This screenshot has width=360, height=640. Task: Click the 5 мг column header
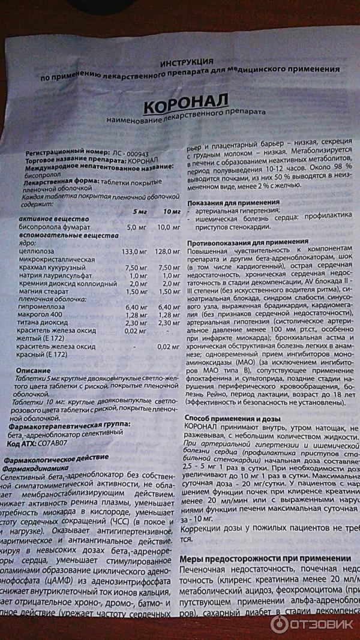pos(139,212)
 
